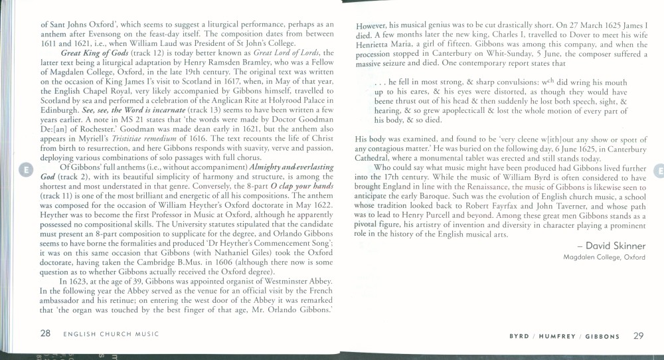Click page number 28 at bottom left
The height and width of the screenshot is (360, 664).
45,333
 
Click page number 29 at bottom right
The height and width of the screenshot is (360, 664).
638,335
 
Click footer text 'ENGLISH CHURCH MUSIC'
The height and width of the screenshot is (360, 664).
110,334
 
